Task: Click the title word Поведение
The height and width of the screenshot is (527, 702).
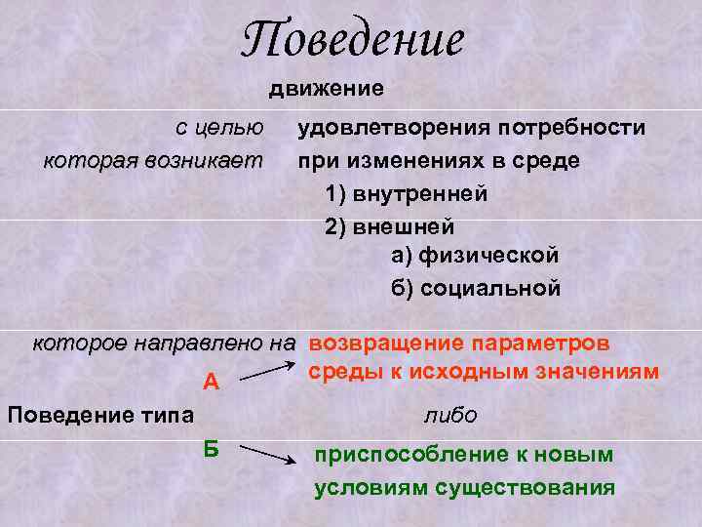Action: click(x=353, y=41)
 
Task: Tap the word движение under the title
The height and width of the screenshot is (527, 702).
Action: click(x=327, y=89)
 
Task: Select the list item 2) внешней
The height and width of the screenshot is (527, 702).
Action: click(x=389, y=225)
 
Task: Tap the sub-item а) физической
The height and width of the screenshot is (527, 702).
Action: click(x=475, y=256)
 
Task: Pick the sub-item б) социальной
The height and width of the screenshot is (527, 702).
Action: click(x=475, y=288)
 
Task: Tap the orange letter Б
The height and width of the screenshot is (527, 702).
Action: click(x=211, y=447)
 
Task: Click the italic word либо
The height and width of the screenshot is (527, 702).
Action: click(x=449, y=415)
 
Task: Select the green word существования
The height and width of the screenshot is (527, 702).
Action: click(x=532, y=488)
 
